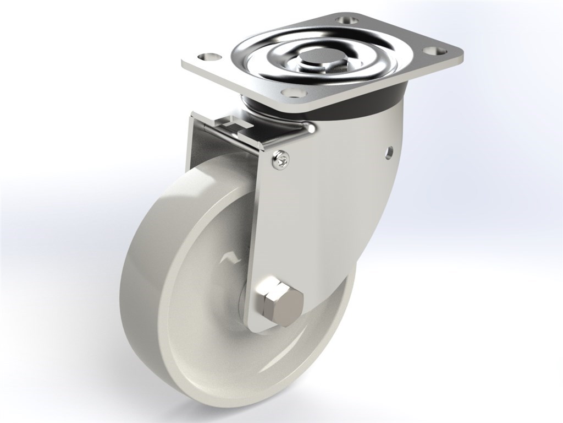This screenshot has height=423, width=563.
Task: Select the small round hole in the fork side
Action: [390, 150]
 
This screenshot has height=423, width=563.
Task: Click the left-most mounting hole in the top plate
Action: [207, 57]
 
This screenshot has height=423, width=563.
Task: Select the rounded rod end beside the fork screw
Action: [312, 129]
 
